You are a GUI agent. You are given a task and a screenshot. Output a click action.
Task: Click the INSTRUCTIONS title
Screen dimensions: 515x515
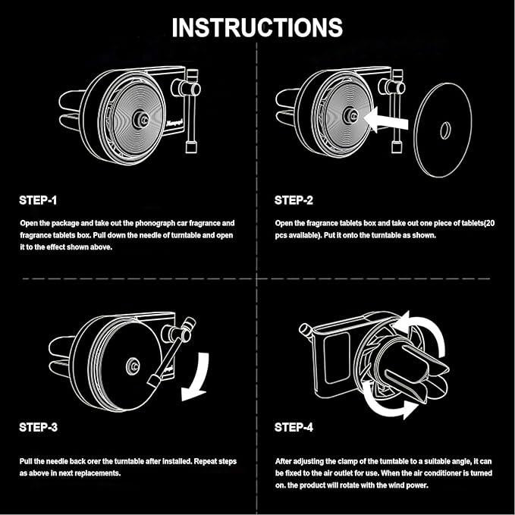[x=257, y=27]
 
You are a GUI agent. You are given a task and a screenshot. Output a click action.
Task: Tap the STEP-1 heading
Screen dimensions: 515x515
[x=38, y=200]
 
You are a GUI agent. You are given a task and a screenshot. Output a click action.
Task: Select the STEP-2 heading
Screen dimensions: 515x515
[x=294, y=200]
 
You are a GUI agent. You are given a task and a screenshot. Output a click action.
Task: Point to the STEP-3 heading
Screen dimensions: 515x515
[x=38, y=427]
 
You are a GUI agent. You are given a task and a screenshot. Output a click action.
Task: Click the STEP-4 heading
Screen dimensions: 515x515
[x=294, y=427]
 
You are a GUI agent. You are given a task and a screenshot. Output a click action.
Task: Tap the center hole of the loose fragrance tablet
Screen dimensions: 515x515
[x=445, y=130]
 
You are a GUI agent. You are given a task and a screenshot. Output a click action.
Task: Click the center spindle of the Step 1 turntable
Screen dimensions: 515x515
[x=141, y=120]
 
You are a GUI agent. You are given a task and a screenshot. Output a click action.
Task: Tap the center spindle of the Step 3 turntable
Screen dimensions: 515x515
[x=133, y=366]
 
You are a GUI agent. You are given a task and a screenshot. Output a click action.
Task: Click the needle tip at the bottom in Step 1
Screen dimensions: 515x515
[x=191, y=146]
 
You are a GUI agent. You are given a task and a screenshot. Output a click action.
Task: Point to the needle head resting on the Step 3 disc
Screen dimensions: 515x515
[x=154, y=381]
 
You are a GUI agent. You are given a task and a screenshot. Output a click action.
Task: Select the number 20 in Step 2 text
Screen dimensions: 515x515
[x=490, y=223]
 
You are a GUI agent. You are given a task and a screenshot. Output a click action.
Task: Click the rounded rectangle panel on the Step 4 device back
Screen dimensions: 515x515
[x=337, y=358]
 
